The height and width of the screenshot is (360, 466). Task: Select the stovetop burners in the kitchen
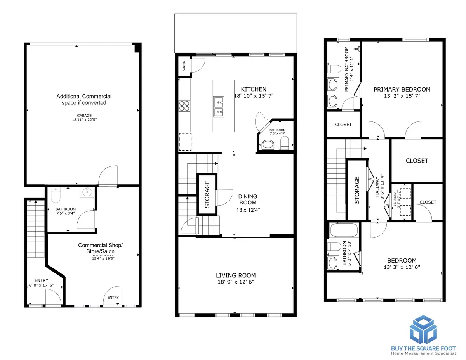[x=184, y=106]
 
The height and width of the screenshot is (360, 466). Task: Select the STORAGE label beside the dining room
[x=207, y=194]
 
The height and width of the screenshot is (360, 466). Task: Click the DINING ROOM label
[x=247, y=199]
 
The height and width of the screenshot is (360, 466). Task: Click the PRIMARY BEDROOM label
[x=402, y=89]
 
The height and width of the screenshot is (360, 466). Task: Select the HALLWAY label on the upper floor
[x=377, y=188]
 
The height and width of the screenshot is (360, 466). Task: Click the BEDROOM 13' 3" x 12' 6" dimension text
[x=402, y=267]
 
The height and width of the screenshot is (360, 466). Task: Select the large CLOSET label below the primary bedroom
[x=417, y=161]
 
